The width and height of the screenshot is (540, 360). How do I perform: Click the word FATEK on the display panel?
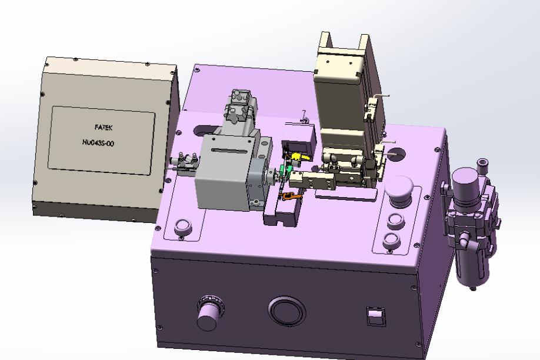(x=104, y=128)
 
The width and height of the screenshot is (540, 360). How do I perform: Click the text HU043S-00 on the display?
(x=98, y=142)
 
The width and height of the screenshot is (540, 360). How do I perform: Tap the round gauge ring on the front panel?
(x=287, y=311)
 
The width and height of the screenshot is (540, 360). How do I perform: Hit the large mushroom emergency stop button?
(x=399, y=191)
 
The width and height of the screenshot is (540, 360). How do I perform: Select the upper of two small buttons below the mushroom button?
(x=395, y=221)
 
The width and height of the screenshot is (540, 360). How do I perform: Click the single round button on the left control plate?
(x=182, y=228)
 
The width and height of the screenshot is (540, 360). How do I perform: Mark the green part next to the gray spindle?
(x=285, y=169)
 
